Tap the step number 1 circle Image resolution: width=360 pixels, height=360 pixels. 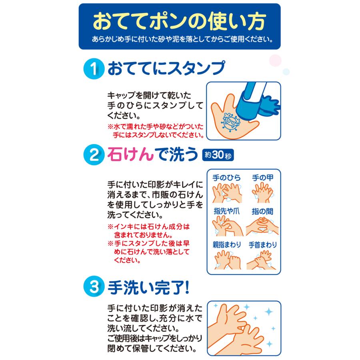point(93,69)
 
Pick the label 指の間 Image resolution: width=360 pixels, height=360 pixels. point(262,211)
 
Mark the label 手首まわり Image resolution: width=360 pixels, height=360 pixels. point(262,244)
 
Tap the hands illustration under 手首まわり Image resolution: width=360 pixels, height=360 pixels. point(262,260)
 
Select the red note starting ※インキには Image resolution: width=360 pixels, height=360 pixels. point(148,230)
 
